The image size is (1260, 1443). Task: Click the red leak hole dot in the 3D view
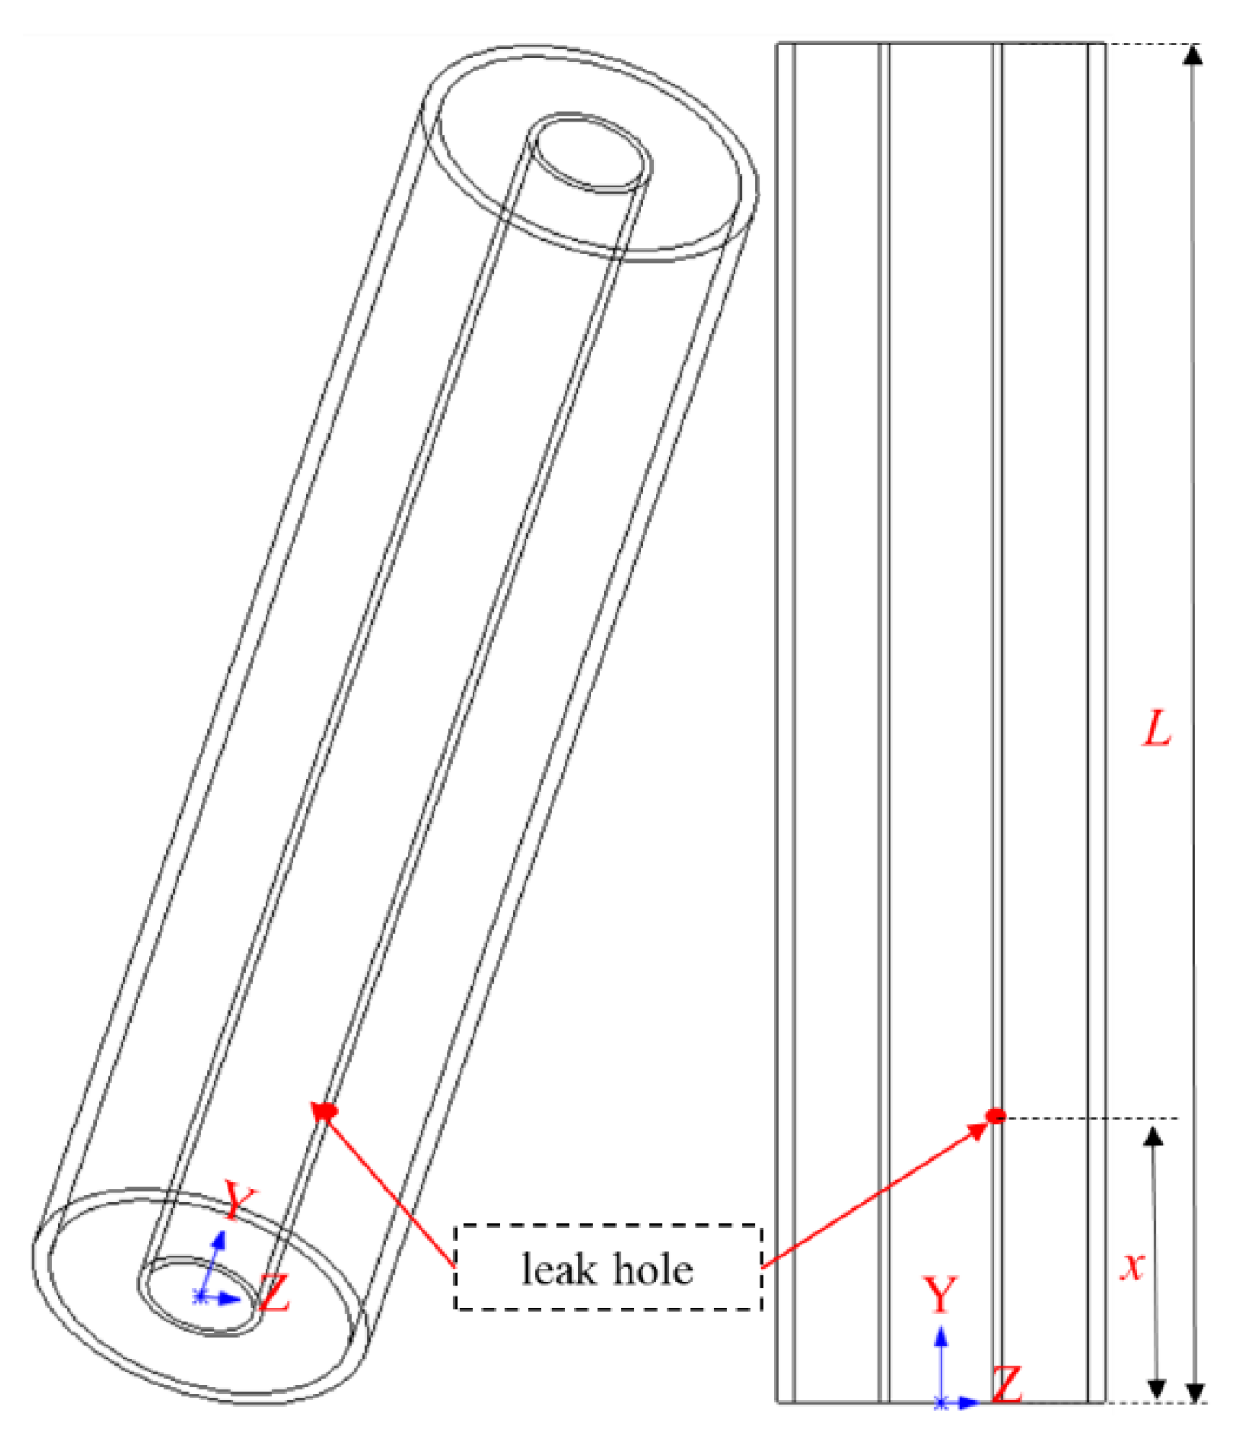pyautogui.click(x=326, y=1111)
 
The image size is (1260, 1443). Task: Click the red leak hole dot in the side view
pyautogui.click(x=995, y=1115)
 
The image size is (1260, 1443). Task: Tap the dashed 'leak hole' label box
pyautogui.click(x=607, y=1268)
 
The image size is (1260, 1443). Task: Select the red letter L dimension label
pyautogui.click(x=1157, y=729)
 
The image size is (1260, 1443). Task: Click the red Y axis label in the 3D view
pyautogui.click(x=239, y=1202)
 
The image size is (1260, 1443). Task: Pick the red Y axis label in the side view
pyautogui.click(x=940, y=1295)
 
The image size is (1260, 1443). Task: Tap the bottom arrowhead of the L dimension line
pyautogui.click(x=1196, y=1391)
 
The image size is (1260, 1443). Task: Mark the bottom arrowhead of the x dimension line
pyautogui.click(x=1156, y=1388)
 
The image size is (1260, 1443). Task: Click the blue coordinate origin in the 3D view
pyautogui.click(x=200, y=1295)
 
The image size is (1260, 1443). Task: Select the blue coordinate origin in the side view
pyautogui.click(x=942, y=1402)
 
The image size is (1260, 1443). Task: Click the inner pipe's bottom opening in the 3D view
pyautogui.click(x=200, y=1295)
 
